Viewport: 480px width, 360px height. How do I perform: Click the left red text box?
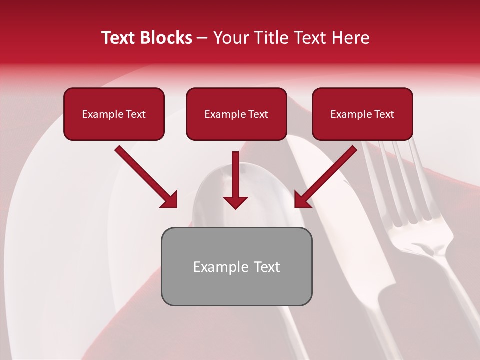(114, 114)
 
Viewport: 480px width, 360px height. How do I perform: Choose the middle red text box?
(236, 114)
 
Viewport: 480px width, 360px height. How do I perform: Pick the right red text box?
(362, 114)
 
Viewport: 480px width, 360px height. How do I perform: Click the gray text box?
(236, 266)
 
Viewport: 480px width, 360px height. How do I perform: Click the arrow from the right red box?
(327, 175)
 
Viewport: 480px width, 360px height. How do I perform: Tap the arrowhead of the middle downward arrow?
(235, 202)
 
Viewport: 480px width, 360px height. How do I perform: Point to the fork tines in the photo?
(395, 185)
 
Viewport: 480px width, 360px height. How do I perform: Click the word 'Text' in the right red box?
(384, 114)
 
